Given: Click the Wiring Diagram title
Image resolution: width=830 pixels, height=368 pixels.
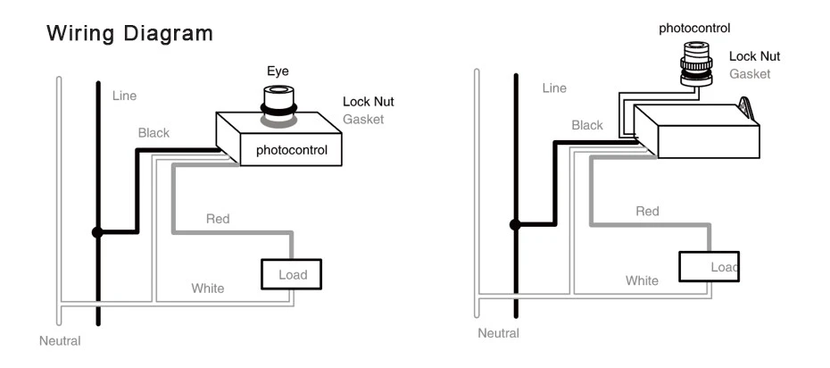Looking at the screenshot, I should (x=130, y=35).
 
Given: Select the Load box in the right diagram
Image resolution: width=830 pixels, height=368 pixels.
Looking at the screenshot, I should (x=709, y=266).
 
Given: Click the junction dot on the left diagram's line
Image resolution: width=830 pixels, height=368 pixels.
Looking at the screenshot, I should (x=98, y=232).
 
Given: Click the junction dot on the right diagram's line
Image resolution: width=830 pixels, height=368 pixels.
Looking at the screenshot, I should (x=515, y=223).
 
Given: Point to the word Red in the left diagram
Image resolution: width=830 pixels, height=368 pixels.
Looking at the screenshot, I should (x=218, y=219).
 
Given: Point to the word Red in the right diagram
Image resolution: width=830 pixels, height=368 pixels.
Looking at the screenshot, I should (x=647, y=212).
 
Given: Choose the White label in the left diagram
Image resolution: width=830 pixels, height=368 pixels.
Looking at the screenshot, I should (x=208, y=289).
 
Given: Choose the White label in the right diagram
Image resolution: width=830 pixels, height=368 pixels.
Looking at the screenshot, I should (x=642, y=280).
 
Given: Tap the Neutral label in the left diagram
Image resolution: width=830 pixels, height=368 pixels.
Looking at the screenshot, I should (x=60, y=340).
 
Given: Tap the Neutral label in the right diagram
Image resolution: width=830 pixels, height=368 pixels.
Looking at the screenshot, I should (x=498, y=333).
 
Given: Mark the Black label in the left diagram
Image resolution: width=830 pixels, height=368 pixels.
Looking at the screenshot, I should (x=154, y=133).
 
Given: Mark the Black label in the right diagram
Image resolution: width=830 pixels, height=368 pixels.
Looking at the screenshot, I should (x=586, y=126).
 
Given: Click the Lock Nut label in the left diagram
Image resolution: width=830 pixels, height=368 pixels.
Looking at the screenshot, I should (x=368, y=102).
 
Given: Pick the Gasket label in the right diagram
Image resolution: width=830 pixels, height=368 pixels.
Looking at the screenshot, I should (x=750, y=74).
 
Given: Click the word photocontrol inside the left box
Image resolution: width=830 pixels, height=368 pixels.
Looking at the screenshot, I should (x=292, y=150).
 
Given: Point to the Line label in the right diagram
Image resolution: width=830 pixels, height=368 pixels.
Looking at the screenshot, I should (x=554, y=88).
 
